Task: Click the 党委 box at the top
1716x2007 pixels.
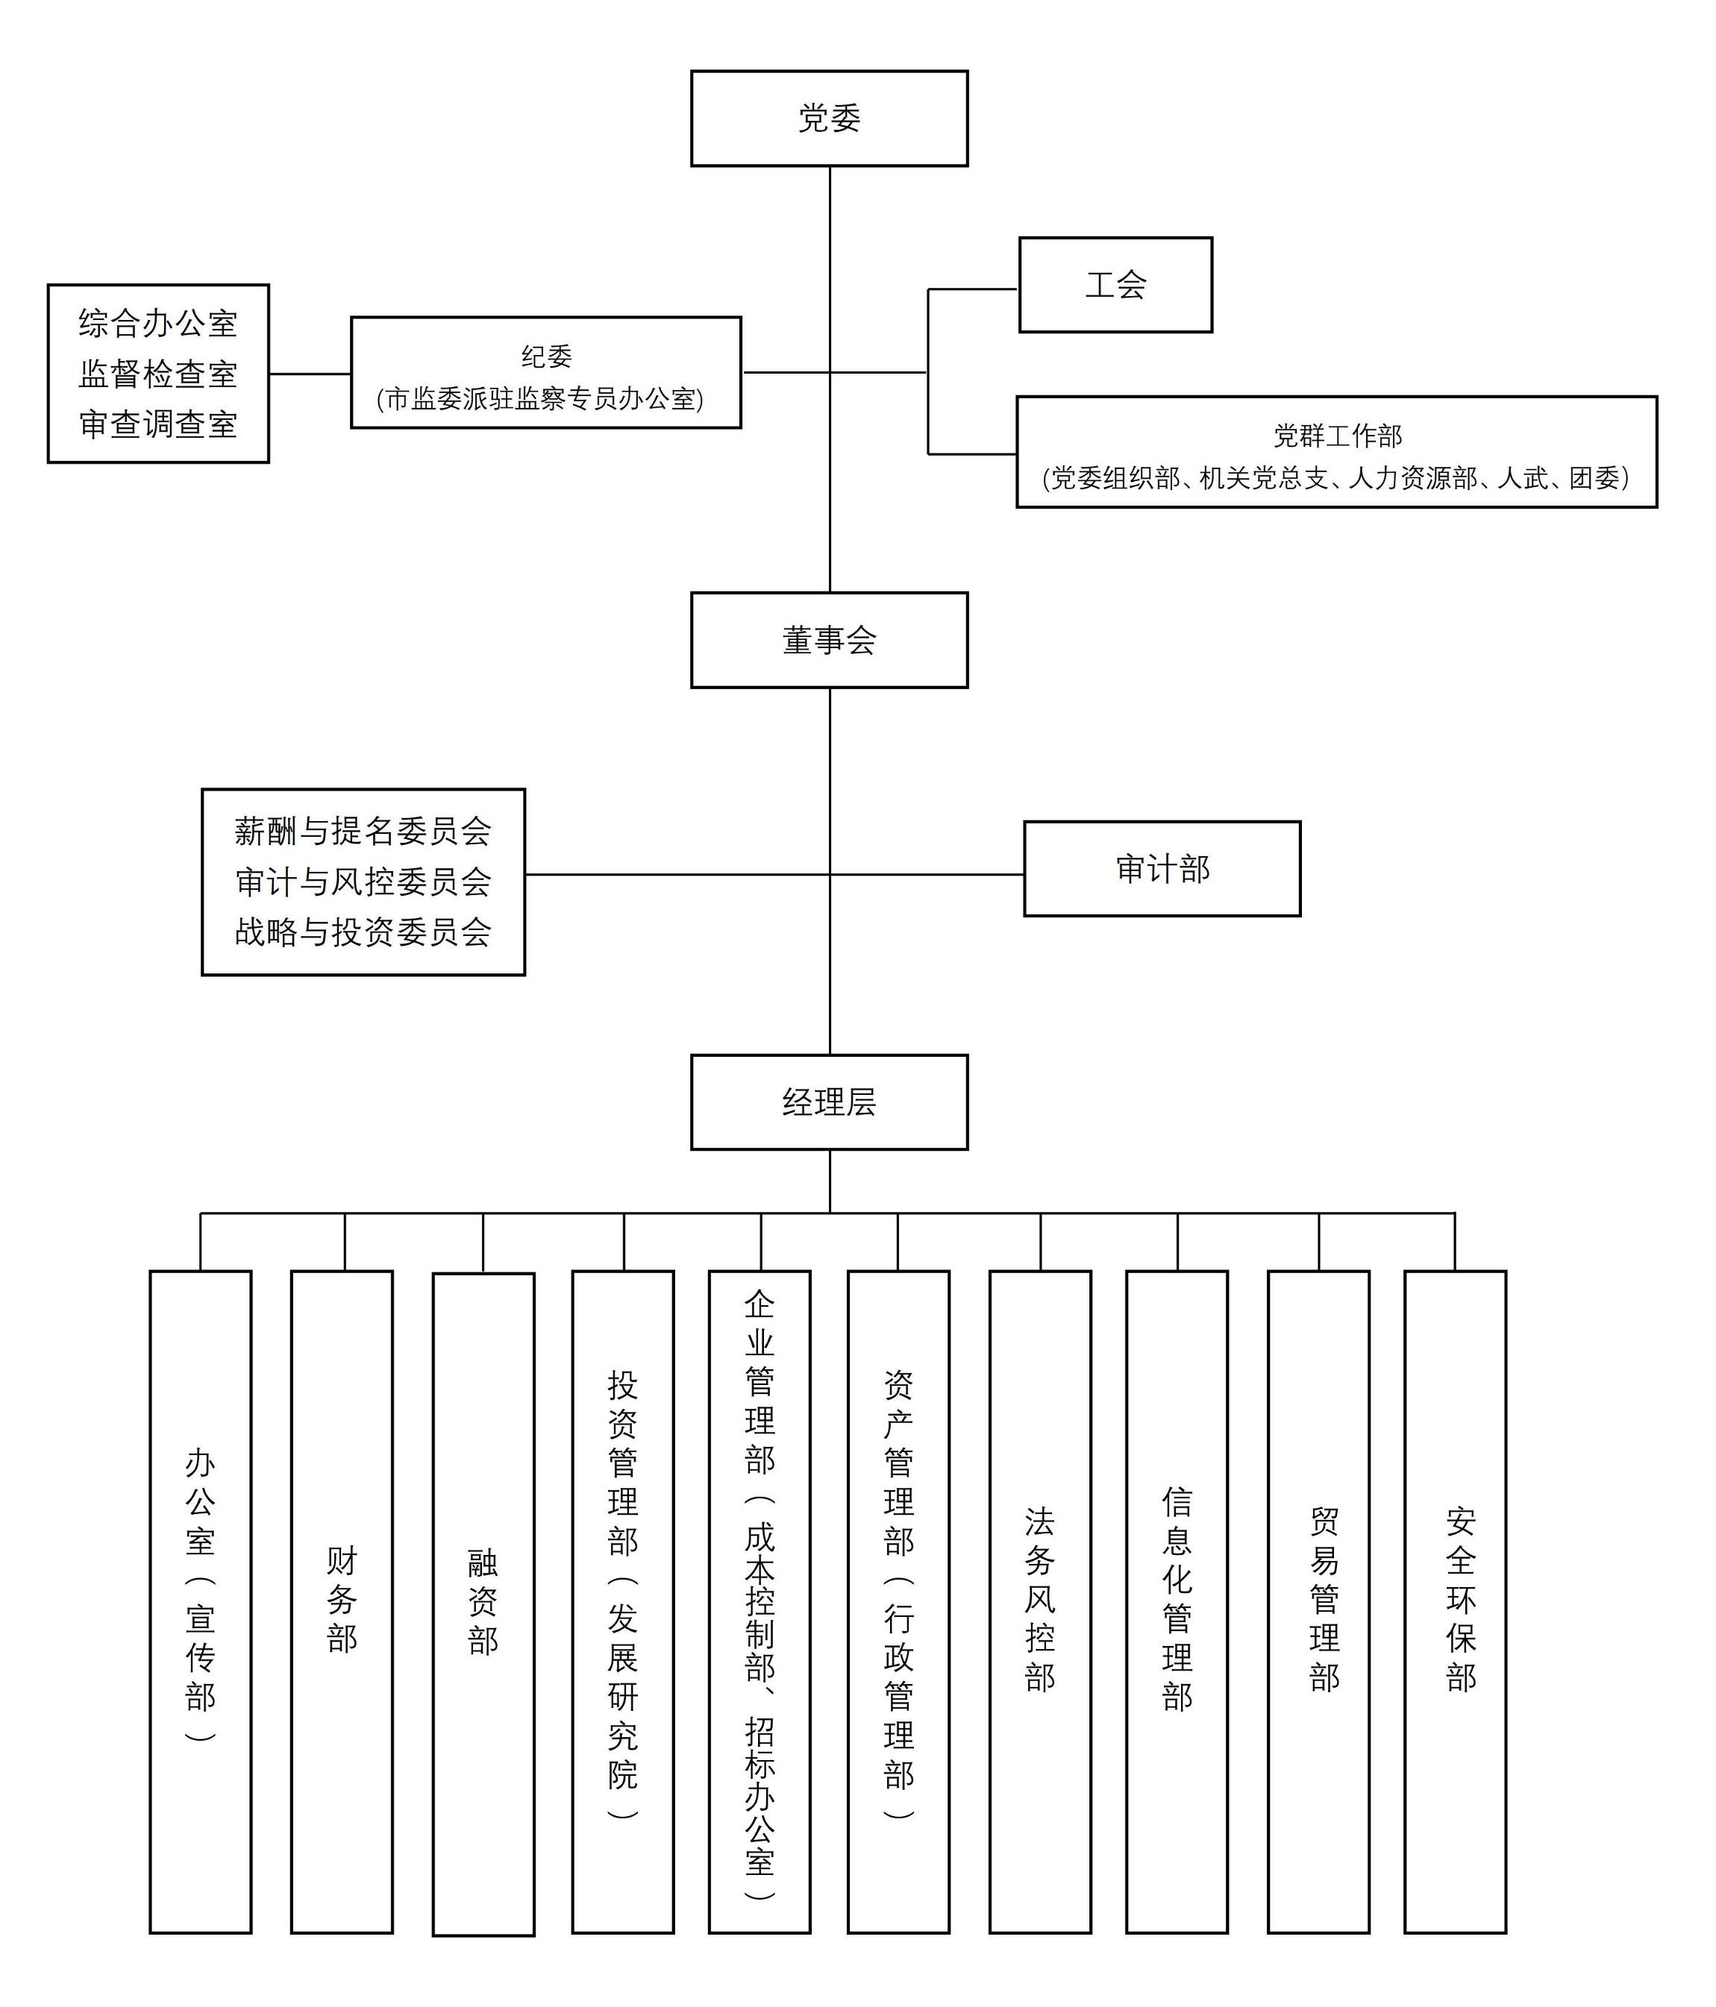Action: click(828, 118)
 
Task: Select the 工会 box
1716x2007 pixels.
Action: click(1115, 285)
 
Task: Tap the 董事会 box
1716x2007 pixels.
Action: click(828, 640)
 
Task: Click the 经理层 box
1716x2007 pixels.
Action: click(828, 1102)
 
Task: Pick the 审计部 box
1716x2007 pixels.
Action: click(1162, 869)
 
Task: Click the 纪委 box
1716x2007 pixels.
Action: click(545, 373)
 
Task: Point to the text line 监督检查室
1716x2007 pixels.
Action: click(158, 374)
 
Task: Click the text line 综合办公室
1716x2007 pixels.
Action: click(158, 324)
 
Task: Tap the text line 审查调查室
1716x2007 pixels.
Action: click(158, 424)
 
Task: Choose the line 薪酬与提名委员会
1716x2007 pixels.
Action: click(363, 831)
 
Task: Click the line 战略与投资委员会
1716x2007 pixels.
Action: click(363, 932)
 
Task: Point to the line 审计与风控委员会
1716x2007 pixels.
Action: click(363, 882)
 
